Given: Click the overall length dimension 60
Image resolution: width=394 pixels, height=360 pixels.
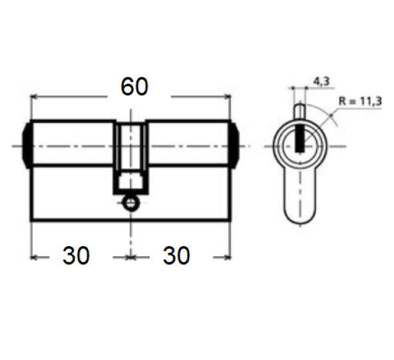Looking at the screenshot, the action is tap(134, 87).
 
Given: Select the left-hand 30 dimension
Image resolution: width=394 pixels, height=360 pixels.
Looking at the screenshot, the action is tap(76, 256).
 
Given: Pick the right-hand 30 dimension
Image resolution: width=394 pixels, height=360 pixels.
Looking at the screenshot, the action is tap(176, 256).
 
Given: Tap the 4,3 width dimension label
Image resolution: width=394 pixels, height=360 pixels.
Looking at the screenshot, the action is tap(321, 81).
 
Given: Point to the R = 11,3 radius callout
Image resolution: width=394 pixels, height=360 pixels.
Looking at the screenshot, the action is tap(360, 101).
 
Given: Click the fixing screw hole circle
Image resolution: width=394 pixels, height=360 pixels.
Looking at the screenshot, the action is tap(130, 202).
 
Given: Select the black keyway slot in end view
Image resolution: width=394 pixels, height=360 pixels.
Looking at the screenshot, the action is tap(299, 138).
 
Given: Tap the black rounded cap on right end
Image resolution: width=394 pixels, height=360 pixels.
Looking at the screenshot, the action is tap(234, 146).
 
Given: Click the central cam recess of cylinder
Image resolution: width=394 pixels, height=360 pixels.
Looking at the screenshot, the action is tap(130, 146).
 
